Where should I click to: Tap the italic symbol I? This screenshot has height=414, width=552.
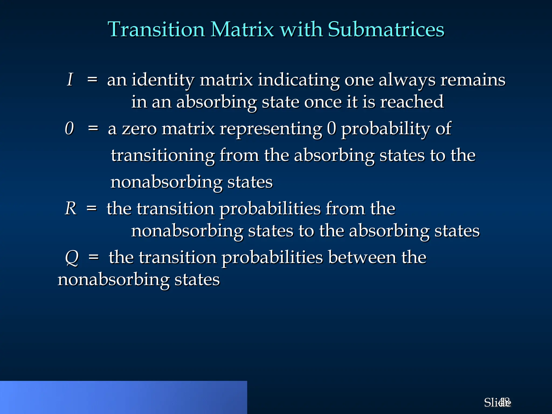point(70,80)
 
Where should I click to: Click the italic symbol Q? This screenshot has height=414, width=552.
point(72,258)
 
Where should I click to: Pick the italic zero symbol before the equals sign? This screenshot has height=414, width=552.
point(69,128)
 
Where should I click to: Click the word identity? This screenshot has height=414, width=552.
point(163,80)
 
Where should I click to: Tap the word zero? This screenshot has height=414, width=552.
point(139,129)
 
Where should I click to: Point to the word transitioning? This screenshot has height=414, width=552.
point(163,156)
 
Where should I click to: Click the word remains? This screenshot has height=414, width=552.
point(473,80)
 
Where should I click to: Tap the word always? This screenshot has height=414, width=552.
point(407,80)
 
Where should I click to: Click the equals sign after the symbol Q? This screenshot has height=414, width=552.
point(94,257)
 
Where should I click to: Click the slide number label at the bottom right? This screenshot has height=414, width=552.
point(497,403)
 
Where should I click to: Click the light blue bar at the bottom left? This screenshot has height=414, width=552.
point(123,397)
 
